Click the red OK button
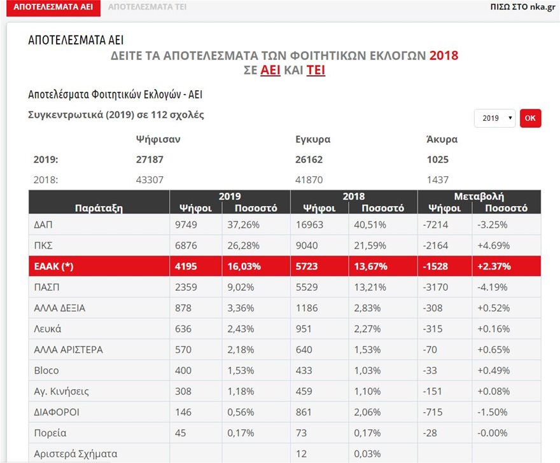click(530, 118)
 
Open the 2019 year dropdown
click(494, 118)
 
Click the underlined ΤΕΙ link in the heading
click(316, 71)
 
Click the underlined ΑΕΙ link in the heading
click(270, 71)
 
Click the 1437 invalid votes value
click(438, 180)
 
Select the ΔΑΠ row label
click(44, 225)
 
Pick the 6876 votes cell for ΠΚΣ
click(187, 245)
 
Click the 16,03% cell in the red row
click(244, 266)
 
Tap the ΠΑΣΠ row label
click(47, 287)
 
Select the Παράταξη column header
click(99, 207)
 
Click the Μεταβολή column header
click(479, 197)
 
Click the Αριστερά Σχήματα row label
click(76, 454)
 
